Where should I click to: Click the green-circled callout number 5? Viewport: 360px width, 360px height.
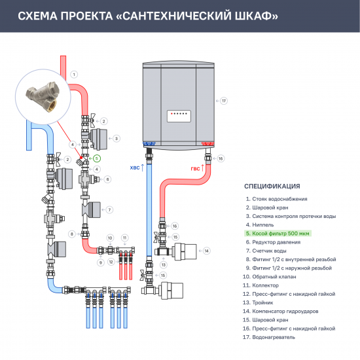point(97,158)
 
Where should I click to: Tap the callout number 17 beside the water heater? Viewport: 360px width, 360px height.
point(224,101)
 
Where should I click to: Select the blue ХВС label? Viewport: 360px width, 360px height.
point(135,168)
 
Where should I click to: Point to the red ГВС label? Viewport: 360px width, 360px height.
point(195,168)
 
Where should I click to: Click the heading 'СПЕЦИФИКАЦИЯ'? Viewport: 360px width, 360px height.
point(272,186)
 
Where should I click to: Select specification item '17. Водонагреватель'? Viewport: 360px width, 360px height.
point(270,338)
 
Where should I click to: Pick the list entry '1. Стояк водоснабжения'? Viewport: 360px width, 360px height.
point(276,199)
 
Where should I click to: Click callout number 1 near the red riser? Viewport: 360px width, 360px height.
point(74,74)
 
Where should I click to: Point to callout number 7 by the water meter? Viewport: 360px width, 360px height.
point(109,209)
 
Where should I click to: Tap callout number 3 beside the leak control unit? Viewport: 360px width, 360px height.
point(116,138)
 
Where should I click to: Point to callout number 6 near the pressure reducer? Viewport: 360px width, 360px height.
point(108,179)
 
